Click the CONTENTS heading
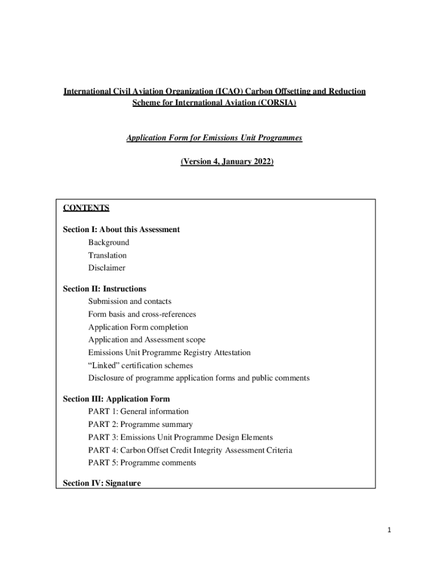pos(86,208)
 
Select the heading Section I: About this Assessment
pos(121,229)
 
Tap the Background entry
pos(108,242)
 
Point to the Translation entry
pos(107,255)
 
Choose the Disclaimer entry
pos(106,268)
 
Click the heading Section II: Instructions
pos(104,289)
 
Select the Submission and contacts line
pos(129,302)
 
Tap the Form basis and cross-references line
pos(142,315)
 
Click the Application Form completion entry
pos(138,327)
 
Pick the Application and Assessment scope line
pos(147,340)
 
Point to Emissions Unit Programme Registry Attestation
pos(169,352)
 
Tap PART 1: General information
pos(138,411)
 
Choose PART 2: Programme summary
pos(140,424)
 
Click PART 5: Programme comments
pos(142,463)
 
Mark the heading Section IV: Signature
pos(101,483)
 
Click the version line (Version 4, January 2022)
pos(227,161)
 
